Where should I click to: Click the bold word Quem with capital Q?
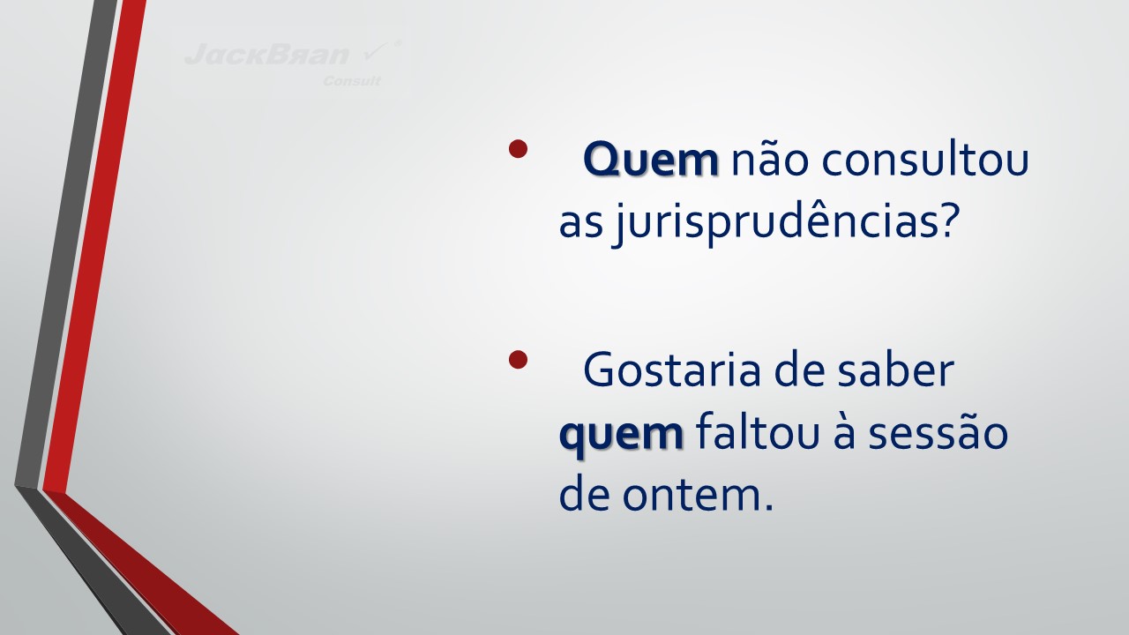coord(651,160)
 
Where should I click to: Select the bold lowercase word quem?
coord(622,435)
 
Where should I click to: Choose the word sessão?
coord(938,432)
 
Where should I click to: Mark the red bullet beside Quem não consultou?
coord(518,149)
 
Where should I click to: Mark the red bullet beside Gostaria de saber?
coord(518,359)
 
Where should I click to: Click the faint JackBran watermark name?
coord(267,54)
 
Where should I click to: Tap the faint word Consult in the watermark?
coord(352,80)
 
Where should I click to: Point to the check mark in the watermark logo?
coord(377,51)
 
